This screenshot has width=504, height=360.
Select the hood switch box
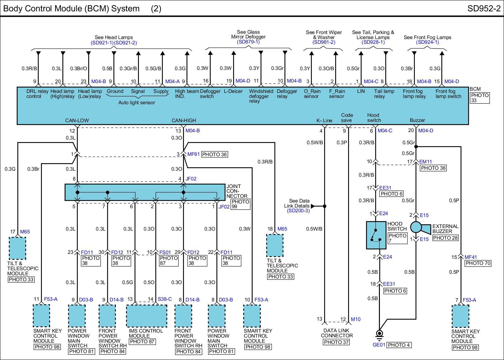tap(376, 235)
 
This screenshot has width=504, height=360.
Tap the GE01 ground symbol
tap(380, 334)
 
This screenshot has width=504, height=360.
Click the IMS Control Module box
tap(146, 316)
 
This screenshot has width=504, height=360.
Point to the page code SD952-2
tap(484, 9)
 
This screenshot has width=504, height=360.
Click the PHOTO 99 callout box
tap(240, 204)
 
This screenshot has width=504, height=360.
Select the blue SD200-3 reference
tap(298, 211)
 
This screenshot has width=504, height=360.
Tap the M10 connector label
tap(356, 319)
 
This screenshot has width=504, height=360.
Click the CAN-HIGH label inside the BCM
tap(184, 120)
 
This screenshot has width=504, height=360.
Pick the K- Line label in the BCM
tap(324, 120)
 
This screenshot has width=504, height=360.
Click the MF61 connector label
tap(193, 154)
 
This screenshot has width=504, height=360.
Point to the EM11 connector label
tap(426, 162)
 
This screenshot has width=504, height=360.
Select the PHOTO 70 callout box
tap(478, 263)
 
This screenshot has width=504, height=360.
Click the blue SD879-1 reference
tap(248, 42)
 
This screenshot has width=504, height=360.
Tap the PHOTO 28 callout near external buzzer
tap(445, 238)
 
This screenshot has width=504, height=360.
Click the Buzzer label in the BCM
tap(417, 120)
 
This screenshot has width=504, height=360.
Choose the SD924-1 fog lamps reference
tap(427, 42)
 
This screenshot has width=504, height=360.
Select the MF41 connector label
tap(471, 257)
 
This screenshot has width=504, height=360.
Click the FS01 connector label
tap(165, 252)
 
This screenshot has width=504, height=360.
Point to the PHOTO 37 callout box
tap(336, 342)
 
